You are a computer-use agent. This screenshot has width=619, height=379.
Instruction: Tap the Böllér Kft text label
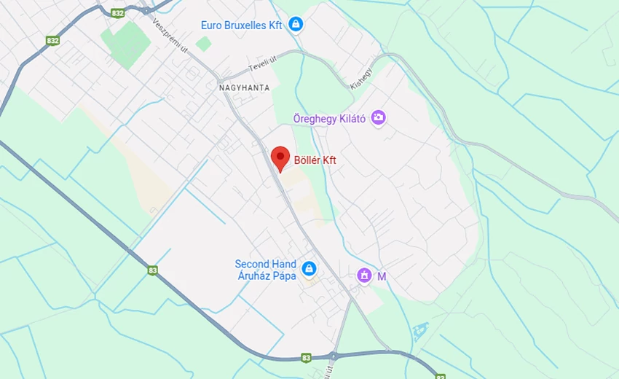[315, 160]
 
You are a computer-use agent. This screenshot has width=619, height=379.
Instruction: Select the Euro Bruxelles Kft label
[242, 26]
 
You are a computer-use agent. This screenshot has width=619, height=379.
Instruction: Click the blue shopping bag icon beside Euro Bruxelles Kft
[295, 26]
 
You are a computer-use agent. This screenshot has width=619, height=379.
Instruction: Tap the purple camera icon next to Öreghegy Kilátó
[378, 117]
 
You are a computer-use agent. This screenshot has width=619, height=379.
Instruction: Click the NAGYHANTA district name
[244, 87]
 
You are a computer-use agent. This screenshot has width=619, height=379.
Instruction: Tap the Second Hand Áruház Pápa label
[265, 270]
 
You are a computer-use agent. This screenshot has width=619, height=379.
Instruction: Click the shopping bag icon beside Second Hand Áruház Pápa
[309, 270]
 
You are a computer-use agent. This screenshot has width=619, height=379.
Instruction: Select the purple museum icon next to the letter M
[364, 276]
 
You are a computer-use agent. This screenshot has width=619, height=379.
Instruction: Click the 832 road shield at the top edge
[118, 13]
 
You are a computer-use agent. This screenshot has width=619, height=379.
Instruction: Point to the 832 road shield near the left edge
[52, 42]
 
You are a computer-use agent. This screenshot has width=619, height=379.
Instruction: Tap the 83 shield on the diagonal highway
[152, 270]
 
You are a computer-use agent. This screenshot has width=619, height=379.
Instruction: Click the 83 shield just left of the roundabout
[306, 358]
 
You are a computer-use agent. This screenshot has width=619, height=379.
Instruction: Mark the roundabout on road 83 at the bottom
[334, 357]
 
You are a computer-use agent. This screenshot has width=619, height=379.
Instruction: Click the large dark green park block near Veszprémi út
[125, 43]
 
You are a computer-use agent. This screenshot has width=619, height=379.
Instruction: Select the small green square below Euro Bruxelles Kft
[204, 44]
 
